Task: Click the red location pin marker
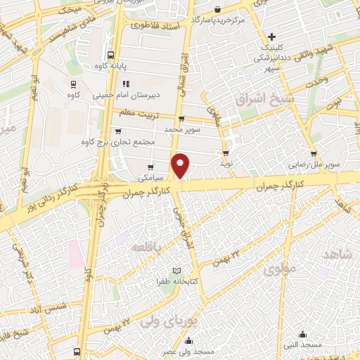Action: [x=181, y=165]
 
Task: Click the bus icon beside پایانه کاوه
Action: [x=111, y=55]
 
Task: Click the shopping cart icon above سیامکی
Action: [x=150, y=168]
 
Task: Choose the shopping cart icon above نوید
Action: [x=226, y=153]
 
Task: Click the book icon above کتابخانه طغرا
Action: [x=177, y=271]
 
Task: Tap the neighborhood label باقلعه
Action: [x=146, y=246]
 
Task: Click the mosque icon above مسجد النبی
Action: [x=303, y=335]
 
